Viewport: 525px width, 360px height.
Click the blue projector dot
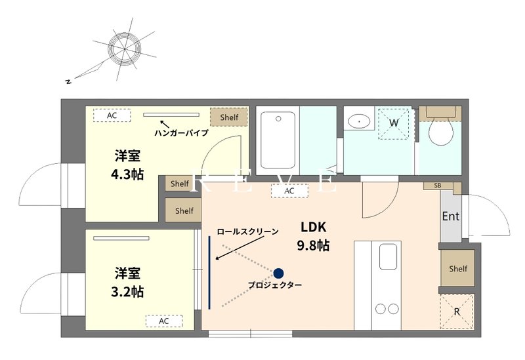(278, 273)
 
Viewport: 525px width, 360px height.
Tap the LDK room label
(313, 227)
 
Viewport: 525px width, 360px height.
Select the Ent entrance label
(451, 216)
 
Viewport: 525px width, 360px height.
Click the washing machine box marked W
(394, 123)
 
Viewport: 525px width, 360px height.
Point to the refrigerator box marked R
(457, 311)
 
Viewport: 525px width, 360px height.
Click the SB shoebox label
(438, 186)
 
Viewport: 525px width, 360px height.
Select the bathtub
(278, 140)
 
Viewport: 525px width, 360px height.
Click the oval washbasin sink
(358, 121)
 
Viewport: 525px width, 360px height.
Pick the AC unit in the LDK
(289, 191)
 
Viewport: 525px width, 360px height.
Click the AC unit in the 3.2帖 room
(163, 321)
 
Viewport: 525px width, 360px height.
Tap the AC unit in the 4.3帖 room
(112, 115)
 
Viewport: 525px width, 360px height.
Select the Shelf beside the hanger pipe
(229, 117)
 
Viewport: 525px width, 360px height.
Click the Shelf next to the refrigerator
(457, 268)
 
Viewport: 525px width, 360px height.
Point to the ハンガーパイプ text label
(181, 133)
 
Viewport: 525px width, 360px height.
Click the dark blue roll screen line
(209, 272)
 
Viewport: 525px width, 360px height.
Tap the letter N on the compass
(69, 81)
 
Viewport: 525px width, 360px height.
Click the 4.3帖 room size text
(127, 174)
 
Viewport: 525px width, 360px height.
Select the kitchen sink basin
(388, 256)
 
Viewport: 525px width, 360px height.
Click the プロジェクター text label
(275, 285)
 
